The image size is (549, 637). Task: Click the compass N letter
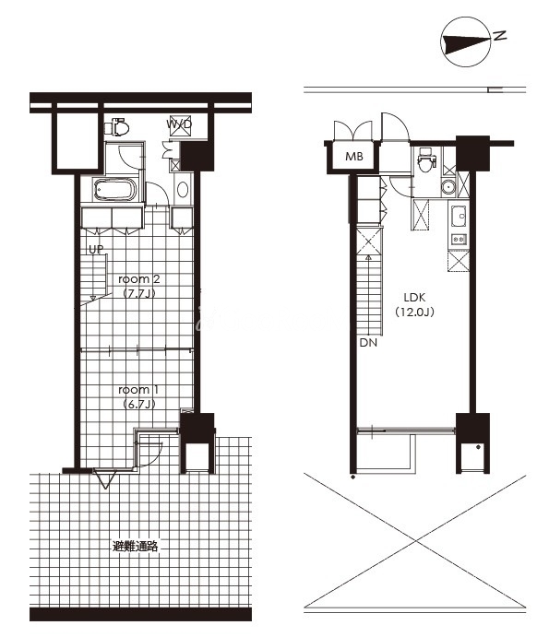pyautogui.click(x=500, y=35)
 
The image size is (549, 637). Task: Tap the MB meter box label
pyautogui.click(x=353, y=157)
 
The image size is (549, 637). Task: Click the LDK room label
pyautogui.click(x=414, y=298)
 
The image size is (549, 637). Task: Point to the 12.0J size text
pyautogui.click(x=414, y=312)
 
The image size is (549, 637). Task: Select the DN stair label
pyautogui.click(x=368, y=343)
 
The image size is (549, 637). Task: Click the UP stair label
pyautogui.click(x=96, y=249)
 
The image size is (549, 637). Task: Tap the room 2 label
pyautogui.click(x=139, y=279)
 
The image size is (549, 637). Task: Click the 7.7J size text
pyautogui.click(x=139, y=293)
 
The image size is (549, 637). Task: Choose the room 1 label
pyautogui.click(x=138, y=390)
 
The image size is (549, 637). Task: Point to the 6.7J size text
pyautogui.click(x=139, y=404)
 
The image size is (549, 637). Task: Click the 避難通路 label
pyautogui.click(x=135, y=546)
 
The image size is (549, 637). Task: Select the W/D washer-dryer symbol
pyautogui.click(x=179, y=124)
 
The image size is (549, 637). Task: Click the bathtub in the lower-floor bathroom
pyautogui.click(x=115, y=190)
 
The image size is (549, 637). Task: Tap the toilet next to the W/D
pyautogui.click(x=117, y=127)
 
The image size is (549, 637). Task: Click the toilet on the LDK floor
pyautogui.click(x=426, y=160)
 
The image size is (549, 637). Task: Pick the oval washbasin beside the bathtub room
pyautogui.click(x=183, y=190)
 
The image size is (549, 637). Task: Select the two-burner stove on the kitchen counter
pyautogui.click(x=459, y=240)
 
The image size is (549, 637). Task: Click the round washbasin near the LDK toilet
pyautogui.click(x=448, y=187)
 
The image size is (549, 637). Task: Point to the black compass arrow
pyautogui.click(x=467, y=44)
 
